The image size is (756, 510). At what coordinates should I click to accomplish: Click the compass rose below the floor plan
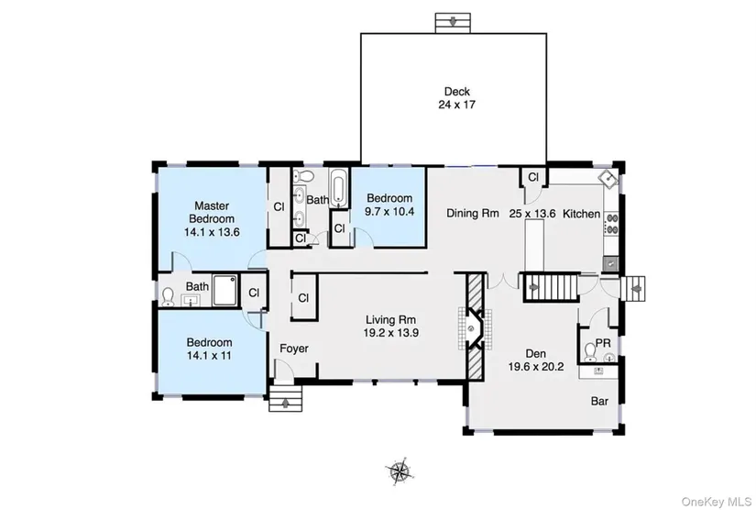(x=399, y=470)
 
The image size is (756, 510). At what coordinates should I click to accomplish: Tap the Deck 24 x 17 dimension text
(x=456, y=105)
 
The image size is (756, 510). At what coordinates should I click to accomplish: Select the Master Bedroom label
(x=212, y=212)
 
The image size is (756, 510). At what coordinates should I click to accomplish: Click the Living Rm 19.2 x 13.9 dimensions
(x=390, y=332)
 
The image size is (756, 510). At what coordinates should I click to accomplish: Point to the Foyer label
(x=293, y=349)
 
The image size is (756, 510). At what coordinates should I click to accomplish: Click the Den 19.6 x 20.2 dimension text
(x=536, y=367)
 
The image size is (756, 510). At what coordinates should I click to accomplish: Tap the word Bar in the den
(x=599, y=401)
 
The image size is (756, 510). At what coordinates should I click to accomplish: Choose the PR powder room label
(x=603, y=343)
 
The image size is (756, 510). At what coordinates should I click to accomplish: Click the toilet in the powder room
(x=589, y=352)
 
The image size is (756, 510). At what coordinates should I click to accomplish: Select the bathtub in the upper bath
(x=338, y=188)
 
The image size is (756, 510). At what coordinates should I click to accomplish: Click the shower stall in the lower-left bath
(x=225, y=291)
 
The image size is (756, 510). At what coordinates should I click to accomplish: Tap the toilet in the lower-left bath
(x=168, y=297)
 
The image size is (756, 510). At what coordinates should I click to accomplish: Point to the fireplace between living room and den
(x=475, y=329)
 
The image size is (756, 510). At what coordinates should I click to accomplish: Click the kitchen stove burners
(x=611, y=224)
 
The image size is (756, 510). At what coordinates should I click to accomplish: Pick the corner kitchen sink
(x=608, y=179)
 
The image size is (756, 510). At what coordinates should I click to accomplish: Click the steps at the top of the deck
(x=453, y=23)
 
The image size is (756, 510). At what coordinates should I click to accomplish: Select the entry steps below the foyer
(x=285, y=398)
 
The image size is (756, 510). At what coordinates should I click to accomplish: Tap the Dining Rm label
(x=473, y=213)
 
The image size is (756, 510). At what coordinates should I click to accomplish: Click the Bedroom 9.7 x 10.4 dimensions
(x=389, y=211)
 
